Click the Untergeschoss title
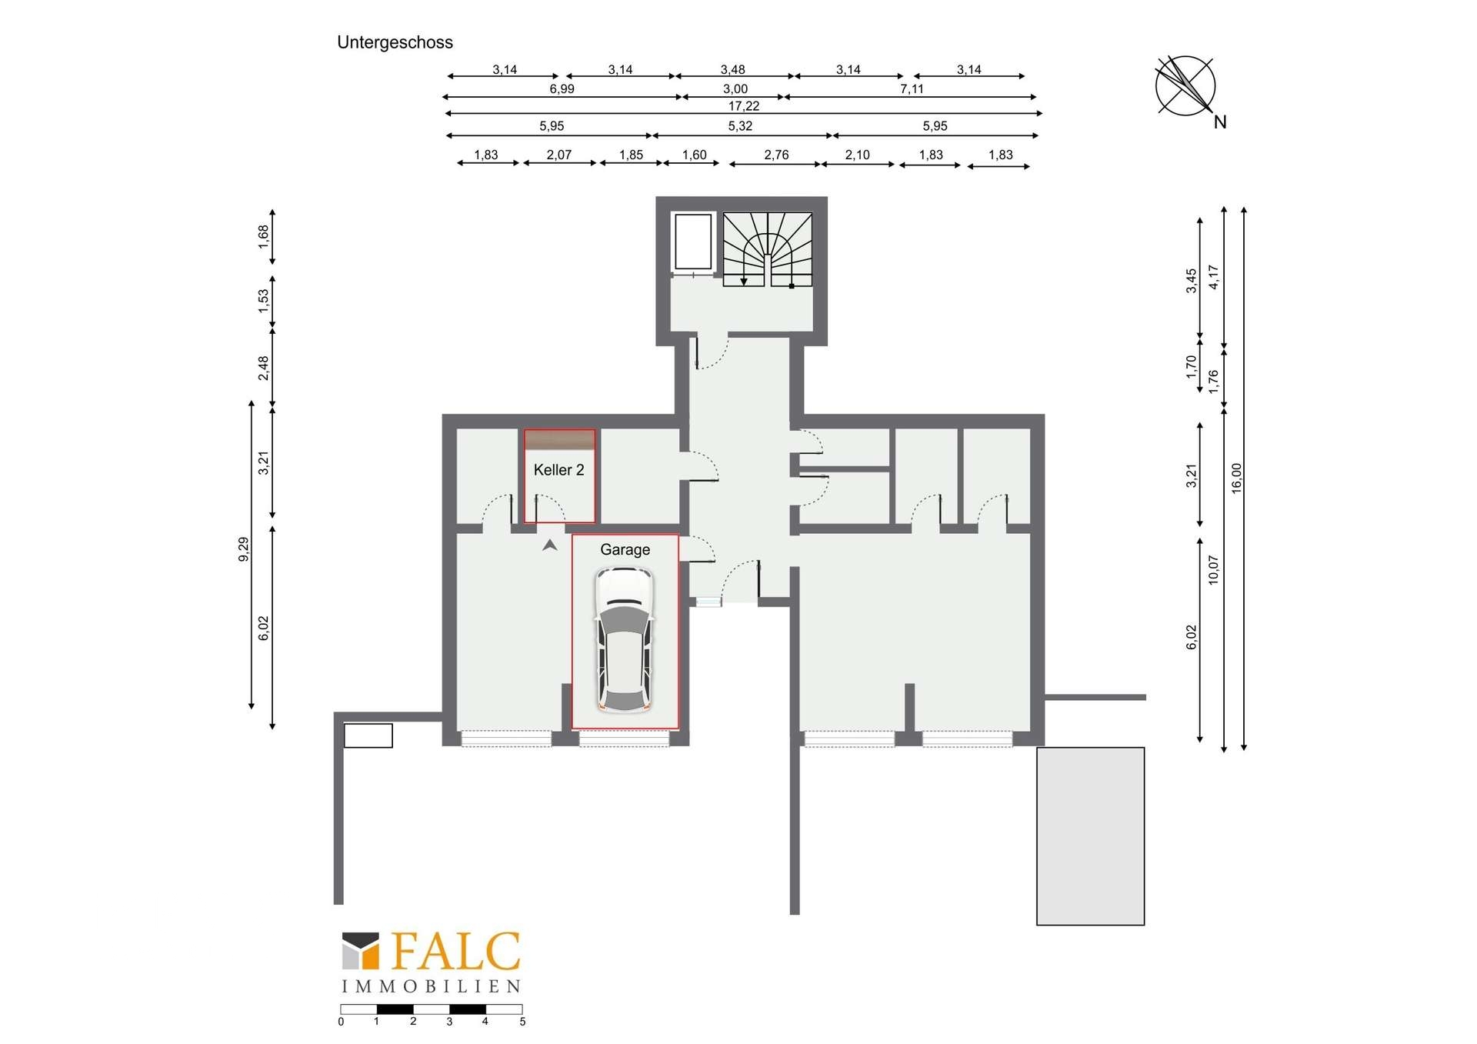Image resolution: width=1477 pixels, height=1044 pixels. point(395,43)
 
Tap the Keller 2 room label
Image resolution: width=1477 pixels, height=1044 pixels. point(558,470)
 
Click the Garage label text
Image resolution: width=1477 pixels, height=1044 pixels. point(625,550)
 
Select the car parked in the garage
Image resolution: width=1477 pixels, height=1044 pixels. point(624,639)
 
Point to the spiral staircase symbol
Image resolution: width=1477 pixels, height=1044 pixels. point(767,250)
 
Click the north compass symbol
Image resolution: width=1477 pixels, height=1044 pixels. point(1185,86)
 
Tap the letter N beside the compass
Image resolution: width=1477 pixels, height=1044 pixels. point(1220,122)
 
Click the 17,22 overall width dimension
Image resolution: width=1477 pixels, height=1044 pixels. point(744,106)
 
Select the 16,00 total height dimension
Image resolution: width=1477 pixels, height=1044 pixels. point(1236,478)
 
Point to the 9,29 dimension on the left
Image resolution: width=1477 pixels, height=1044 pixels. point(244,549)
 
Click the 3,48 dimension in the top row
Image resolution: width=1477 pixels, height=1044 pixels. point(732,70)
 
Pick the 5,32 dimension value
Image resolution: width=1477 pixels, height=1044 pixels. point(740,126)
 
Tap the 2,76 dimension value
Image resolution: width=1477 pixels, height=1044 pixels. point(776,155)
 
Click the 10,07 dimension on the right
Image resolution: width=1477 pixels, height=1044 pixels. point(1213,570)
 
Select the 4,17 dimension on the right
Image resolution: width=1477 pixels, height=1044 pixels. point(1213,277)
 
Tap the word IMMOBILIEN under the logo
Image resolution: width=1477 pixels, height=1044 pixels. point(431,986)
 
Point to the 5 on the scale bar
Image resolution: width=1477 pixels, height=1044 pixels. point(522,1022)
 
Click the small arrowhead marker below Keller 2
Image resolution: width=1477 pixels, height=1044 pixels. point(549,545)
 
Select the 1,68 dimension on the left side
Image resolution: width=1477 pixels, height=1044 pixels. point(264,236)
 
